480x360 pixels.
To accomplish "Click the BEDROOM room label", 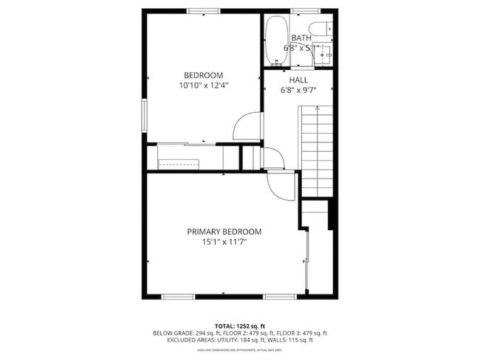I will [x=203, y=75].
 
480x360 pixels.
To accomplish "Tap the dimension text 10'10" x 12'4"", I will [x=203, y=86].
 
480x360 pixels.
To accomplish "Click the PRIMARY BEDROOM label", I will [x=224, y=232].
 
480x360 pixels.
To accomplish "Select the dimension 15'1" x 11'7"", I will [x=224, y=242].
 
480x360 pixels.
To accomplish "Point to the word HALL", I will [x=298, y=80].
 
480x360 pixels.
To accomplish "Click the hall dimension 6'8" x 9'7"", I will [x=298, y=90].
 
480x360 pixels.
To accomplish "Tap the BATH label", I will [x=301, y=38].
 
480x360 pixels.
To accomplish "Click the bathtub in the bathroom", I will [x=277, y=41].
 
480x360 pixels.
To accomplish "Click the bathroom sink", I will [x=328, y=52].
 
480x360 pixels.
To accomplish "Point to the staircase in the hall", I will [x=317, y=151].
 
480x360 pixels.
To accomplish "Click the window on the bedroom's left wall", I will [x=145, y=114].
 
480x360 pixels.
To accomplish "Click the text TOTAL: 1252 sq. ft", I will [x=239, y=325].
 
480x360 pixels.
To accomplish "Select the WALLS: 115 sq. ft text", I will [x=294, y=340].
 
